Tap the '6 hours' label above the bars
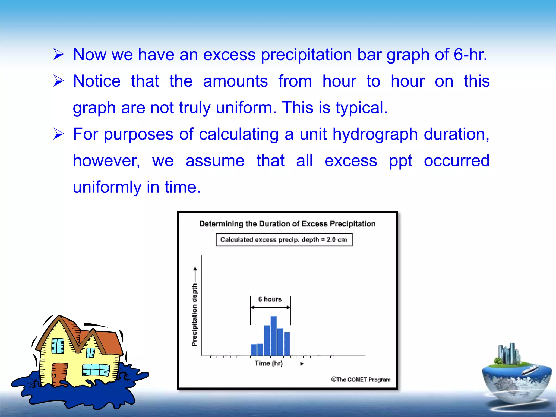point(270,299)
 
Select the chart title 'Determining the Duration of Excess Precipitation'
point(287,224)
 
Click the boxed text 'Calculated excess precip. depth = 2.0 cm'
point(284,240)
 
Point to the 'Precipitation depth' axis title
point(194,315)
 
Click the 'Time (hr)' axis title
point(268,363)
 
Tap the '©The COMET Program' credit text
point(361,379)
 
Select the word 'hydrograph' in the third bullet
point(375,134)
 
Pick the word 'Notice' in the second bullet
point(97,81)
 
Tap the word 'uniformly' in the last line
point(107,187)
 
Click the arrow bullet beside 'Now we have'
point(58,54)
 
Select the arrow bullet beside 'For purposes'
point(58,134)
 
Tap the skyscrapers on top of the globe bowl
point(509,353)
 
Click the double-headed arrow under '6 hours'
point(270,308)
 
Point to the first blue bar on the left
point(254,350)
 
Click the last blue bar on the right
point(287,344)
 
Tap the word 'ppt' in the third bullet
point(400,161)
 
